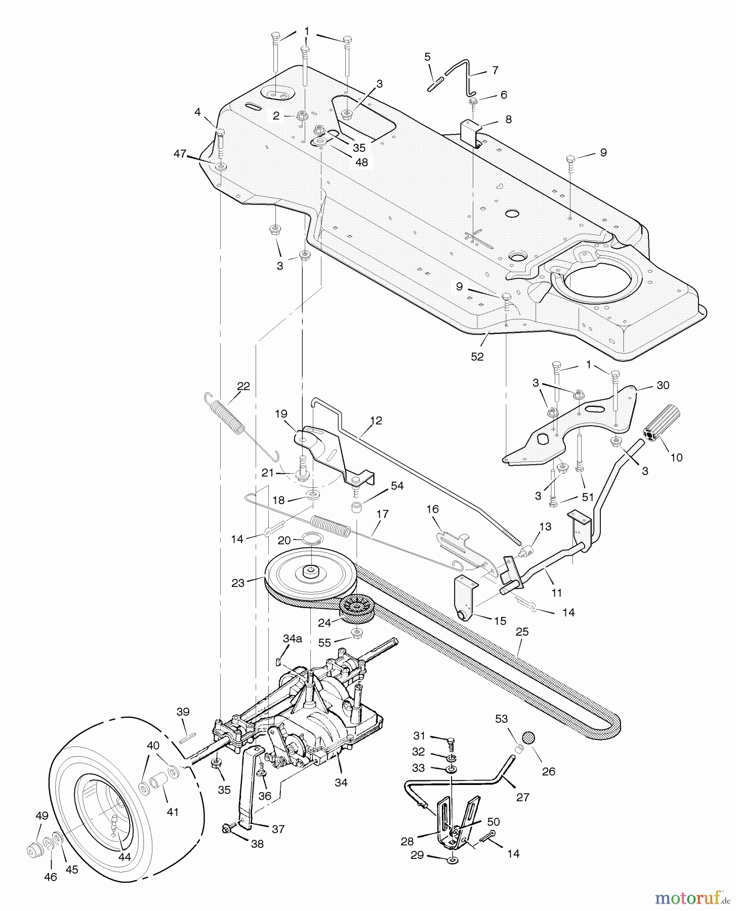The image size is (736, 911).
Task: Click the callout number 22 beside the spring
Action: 243,386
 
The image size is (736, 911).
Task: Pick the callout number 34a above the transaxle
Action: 292,639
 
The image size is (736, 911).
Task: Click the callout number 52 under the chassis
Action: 477,356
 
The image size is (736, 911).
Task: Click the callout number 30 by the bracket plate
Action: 662,385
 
